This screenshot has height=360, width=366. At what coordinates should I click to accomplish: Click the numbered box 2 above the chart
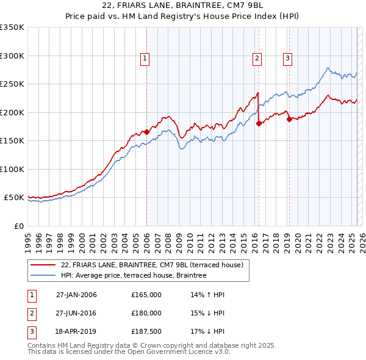(x=257, y=59)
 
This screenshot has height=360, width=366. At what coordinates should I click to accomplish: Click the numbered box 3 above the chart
(x=287, y=59)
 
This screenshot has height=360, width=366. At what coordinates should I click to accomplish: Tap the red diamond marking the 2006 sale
(x=146, y=132)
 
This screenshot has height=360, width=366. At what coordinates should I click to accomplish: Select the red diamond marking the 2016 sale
(x=259, y=123)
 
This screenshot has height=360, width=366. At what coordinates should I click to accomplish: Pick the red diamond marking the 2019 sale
(x=289, y=119)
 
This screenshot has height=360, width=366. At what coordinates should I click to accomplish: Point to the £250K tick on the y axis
(x=12, y=84)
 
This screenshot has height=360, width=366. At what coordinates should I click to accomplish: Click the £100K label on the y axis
(x=12, y=169)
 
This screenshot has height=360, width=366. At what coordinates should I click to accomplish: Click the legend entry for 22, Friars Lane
(x=152, y=265)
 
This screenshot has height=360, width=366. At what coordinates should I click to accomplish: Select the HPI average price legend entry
(x=134, y=275)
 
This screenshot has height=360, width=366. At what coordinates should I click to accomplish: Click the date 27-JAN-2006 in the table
(x=76, y=295)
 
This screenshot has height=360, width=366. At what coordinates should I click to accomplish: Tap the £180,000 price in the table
(x=146, y=313)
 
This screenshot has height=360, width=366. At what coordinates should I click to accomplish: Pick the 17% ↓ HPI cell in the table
(x=207, y=331)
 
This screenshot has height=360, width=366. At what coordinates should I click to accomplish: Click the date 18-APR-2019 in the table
(x=76, y=331)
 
